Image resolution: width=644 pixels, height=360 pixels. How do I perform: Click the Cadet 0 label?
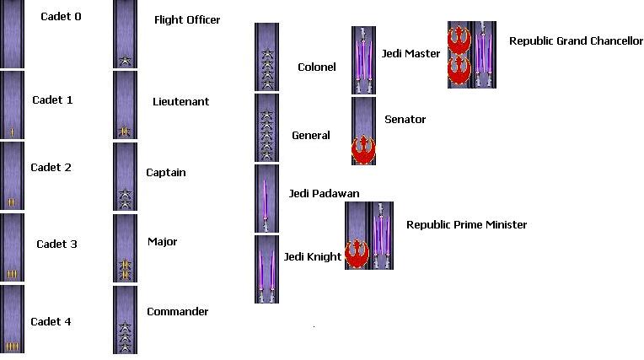point(61,16)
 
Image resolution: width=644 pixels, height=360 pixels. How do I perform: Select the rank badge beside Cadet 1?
point(13,105)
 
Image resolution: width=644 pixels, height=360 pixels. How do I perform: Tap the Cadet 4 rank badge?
point(13,320)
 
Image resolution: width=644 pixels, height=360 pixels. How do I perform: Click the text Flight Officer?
point(187,19)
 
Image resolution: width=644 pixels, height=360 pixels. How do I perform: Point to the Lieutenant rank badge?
point(125,105)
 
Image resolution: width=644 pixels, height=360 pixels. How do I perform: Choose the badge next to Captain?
point(125,176)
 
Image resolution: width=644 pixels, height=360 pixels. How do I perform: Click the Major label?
point(162,242)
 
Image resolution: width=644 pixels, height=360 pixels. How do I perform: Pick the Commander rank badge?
point(125,320)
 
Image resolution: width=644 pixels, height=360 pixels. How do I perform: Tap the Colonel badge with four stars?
point(266,56)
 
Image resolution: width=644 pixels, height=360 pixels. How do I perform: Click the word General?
point(311,135)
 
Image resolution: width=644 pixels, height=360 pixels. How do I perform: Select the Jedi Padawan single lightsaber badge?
point(266,198)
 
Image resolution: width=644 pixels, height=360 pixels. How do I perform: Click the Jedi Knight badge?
point(266,269)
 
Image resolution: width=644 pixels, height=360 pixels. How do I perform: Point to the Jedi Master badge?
point(363,59)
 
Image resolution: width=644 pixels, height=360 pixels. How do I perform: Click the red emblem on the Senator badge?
point(363,150)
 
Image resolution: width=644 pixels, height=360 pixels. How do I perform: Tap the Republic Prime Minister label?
point(466,224)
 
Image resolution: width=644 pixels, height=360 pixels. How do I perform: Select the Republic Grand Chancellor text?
point(576,40)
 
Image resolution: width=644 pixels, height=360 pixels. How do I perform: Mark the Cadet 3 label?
point(56,244)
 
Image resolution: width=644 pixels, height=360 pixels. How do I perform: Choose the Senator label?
point(405,119)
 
